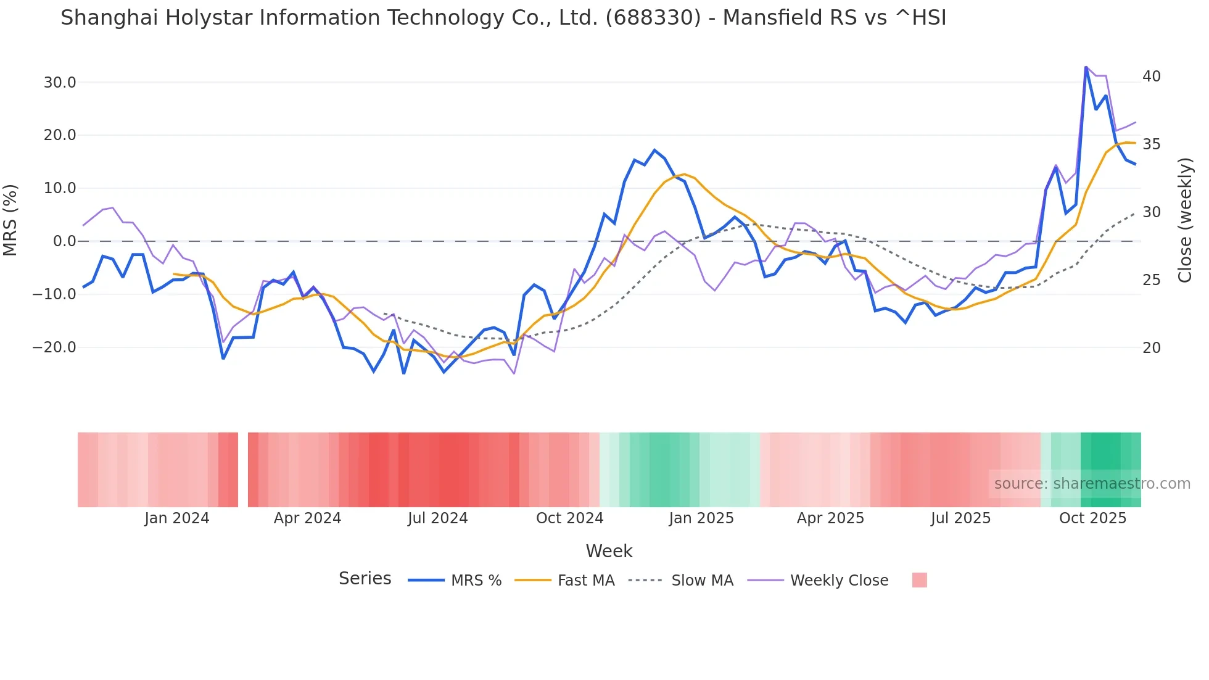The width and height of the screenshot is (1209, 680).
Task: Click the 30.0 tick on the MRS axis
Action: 59,83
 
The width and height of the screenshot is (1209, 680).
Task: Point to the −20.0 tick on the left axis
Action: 54,347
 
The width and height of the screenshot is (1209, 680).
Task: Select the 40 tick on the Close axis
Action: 1151,77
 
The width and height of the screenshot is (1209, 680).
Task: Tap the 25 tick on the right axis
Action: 1151,280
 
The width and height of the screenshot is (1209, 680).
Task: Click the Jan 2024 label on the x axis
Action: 177,518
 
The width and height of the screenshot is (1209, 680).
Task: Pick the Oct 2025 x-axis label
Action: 1092,518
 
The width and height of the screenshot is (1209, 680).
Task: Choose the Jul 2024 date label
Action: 438,518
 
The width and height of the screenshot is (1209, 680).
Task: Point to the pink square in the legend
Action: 919,581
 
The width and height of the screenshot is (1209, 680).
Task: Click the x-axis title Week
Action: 609,551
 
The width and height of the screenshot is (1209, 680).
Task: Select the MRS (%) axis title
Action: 10,220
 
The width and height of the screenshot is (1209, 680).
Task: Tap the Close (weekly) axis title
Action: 1185,220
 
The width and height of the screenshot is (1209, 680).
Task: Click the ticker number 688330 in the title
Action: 653,18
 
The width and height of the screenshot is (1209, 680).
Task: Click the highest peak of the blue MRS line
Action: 1086,67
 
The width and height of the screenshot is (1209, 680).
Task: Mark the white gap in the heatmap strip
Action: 243,470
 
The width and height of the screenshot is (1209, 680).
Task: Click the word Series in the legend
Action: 365,579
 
